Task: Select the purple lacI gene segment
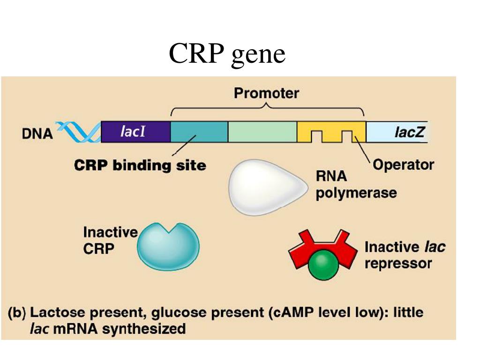coord(135,132)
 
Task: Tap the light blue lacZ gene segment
coord(397,132)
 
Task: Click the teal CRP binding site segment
coord(199,132)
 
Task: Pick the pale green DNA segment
coord(262,132)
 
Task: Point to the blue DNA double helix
coord(78,132)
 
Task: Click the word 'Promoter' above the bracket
coord(266,93)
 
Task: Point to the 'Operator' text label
coord(403,165)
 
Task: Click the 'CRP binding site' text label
coord(140,165)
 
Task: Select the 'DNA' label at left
coord(37,134)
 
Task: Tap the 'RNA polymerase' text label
coord(356,185)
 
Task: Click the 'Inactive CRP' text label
coord(110,240)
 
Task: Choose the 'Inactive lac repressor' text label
coord(405,255)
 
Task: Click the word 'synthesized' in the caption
coord(144,329)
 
